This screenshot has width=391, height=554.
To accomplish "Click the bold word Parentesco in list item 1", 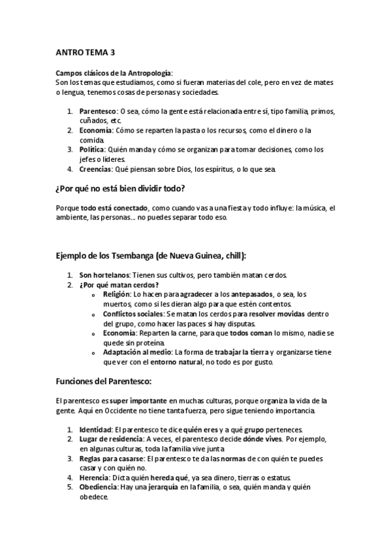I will [97, 111].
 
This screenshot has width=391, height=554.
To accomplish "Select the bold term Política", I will [92, 149].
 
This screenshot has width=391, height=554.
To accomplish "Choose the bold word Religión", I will [116, 295].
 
